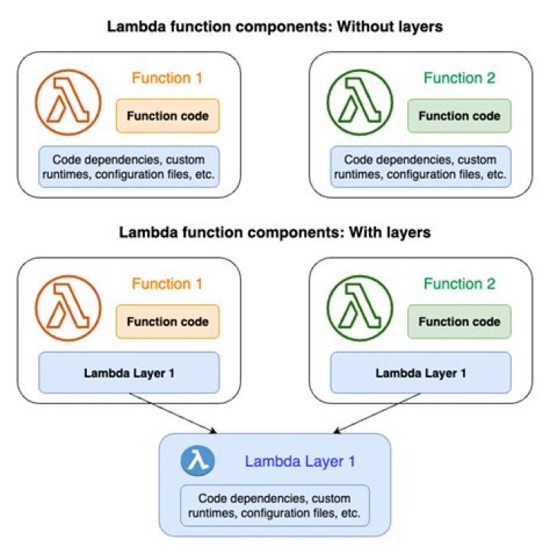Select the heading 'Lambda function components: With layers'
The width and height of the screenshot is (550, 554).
(x=275, y=232)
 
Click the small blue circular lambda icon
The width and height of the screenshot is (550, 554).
(x=198, y=462)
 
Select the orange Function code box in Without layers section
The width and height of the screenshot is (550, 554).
(x=167, y=116)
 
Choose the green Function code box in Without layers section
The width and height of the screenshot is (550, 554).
(x=459, y=116)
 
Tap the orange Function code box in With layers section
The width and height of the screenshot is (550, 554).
(x=167, y=322)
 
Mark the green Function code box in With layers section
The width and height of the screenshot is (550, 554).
(x=459, y=322)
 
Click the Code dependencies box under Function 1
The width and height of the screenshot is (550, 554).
(x=129, y=167)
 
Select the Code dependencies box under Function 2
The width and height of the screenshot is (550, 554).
(x=420, y=167)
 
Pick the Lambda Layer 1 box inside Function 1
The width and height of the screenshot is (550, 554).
(x=129, y=373)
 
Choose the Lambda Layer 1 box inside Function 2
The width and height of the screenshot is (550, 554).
(x=420, y=373)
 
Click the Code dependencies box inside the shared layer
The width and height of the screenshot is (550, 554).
(x=274, y=505)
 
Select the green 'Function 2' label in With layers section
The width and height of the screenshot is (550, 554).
(x=459, y=284)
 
